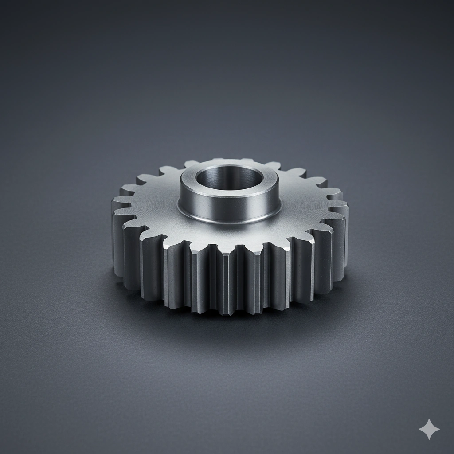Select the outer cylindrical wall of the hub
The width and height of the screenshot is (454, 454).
coord(208,204)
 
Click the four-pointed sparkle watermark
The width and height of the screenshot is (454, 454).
coord(429,429)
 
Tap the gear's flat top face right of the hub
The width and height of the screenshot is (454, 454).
coord(306,204)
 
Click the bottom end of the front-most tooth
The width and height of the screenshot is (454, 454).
coord(227,310)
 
